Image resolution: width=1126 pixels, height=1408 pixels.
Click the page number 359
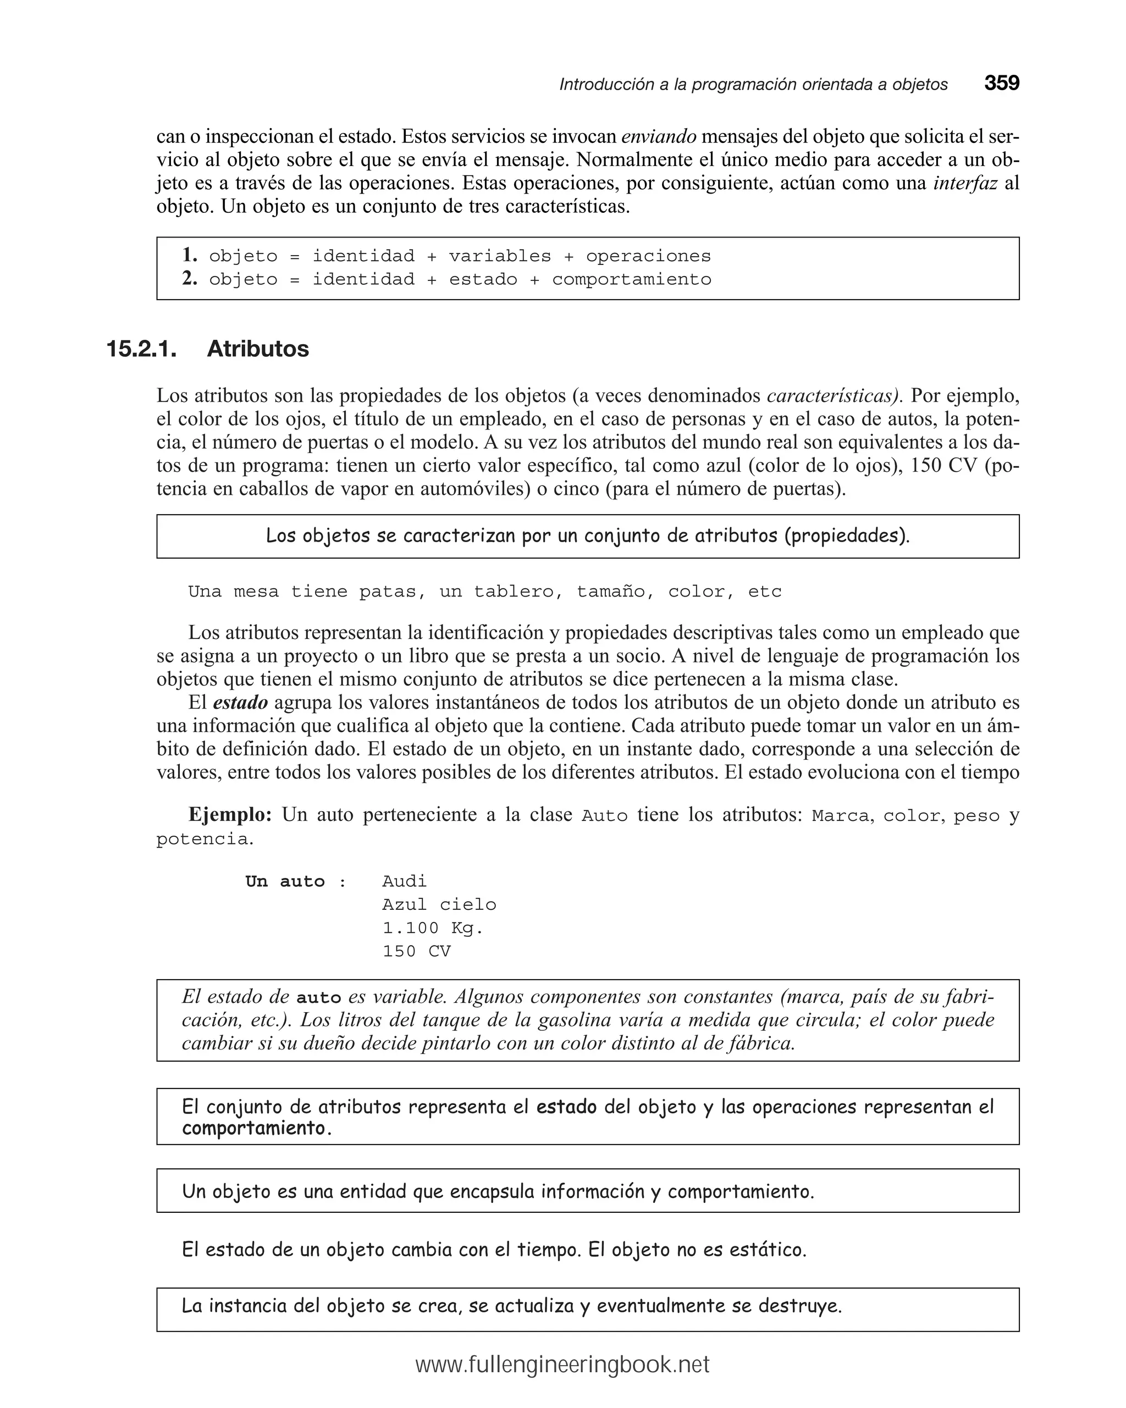1001,84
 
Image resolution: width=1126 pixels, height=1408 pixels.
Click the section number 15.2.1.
141,349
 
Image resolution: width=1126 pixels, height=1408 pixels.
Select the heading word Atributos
257,349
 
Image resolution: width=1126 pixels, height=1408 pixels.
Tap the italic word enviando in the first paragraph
658,136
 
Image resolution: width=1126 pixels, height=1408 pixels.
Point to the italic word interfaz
965,184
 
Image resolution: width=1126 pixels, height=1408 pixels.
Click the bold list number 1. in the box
190,255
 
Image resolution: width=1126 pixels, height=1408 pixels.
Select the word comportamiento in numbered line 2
631,279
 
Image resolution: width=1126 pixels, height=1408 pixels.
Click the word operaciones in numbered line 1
648,256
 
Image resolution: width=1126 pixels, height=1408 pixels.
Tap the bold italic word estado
240,703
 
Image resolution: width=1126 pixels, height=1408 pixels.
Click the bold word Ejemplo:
230,815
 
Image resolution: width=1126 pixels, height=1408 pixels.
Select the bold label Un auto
285,882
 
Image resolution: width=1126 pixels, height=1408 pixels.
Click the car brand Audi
404,882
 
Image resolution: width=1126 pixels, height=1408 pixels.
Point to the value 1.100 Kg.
432,928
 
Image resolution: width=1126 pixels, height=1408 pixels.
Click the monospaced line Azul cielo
439,905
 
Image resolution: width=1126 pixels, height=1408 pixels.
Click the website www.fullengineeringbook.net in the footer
562,1365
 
